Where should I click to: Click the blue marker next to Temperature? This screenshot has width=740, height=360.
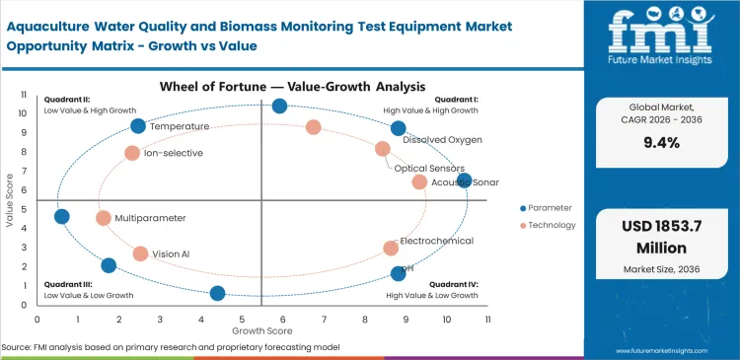138,125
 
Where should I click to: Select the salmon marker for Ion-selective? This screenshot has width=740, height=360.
132,153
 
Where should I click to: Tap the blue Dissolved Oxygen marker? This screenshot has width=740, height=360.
398,128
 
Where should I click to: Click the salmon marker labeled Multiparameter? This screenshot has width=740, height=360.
104,218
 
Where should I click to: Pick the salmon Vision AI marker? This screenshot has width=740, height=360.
140,253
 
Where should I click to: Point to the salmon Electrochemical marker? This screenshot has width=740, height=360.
391,249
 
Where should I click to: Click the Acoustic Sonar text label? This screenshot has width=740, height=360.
465,182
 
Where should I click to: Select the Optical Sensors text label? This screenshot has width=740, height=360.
431,169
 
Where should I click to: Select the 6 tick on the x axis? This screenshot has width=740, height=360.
284,319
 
